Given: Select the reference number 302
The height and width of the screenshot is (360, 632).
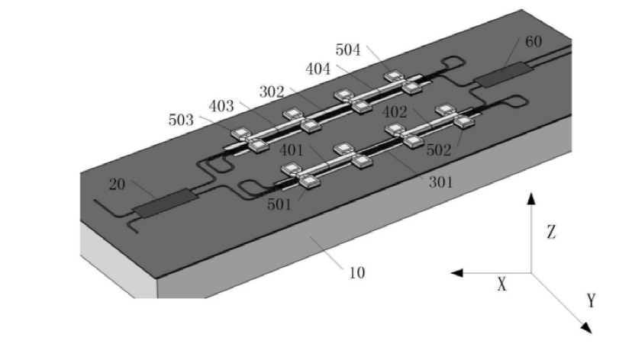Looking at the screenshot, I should coord(272,92).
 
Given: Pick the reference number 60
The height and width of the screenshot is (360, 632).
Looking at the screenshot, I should coord(533,41).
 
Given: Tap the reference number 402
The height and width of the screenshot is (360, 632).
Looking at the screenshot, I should coord(395,111).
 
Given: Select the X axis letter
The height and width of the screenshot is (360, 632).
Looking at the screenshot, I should coord(501,284).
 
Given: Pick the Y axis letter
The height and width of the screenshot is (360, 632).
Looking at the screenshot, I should coord(590,301).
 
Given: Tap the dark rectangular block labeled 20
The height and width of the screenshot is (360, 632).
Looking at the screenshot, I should coord(165,202).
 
